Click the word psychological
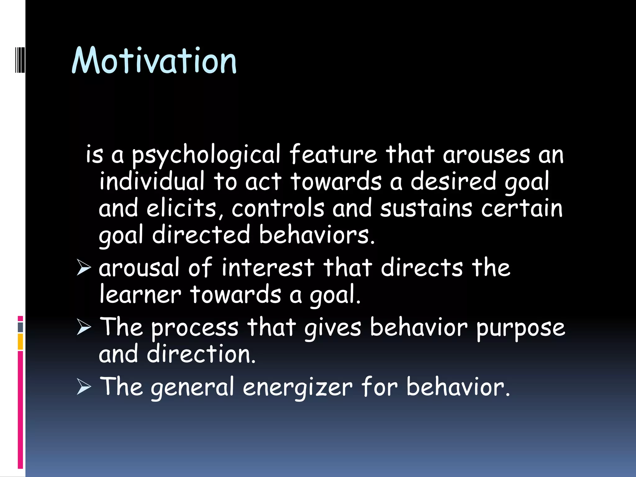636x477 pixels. [206, 155]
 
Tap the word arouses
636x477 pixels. [486, 155]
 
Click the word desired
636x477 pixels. [453, 181]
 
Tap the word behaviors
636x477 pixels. [317, 235]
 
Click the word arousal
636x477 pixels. [139, 268]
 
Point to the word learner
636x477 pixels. [140, 294]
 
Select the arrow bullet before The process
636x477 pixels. [84, 328]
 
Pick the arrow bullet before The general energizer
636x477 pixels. [84, 387]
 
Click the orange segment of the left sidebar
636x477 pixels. [20, 342]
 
